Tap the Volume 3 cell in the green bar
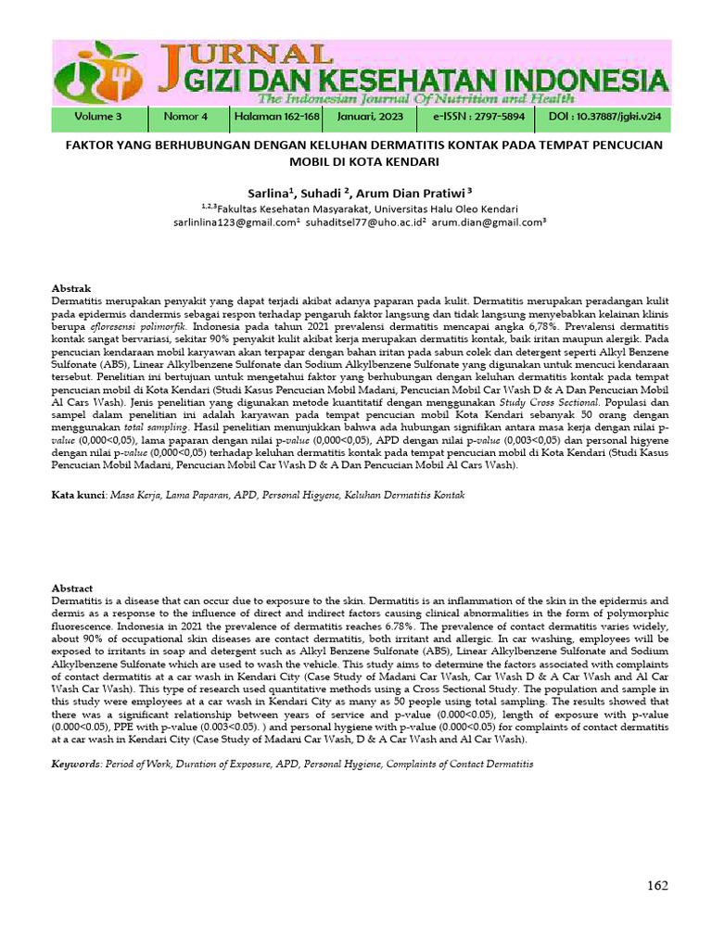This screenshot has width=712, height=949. coord(98,118)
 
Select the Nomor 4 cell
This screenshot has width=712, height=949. coord(185,118)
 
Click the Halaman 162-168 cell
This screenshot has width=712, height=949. coord(276,118)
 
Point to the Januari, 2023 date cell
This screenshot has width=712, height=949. coord(371,118)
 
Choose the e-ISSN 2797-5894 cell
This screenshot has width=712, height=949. coord(478,118)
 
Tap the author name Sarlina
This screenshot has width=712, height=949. coord(269,193)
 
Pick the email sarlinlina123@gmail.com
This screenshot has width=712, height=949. coord(233,223)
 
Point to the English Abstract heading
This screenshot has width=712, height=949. coord(71,588)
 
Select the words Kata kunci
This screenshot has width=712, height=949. coord(78,496)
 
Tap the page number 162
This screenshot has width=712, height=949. coord(656,886)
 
